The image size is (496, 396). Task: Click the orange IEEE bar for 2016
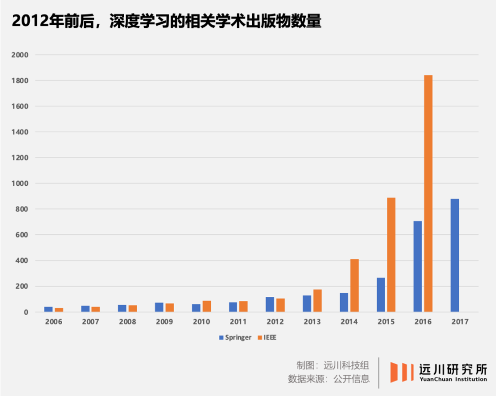(428, 194)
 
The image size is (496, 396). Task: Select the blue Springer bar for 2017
(455, 256)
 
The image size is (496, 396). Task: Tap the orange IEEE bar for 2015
(391, 255)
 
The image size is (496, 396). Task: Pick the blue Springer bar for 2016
(417, 266)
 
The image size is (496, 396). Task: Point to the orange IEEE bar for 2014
(354, 286)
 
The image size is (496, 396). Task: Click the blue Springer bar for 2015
(381, 295)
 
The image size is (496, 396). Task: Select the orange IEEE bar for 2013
(317, 300)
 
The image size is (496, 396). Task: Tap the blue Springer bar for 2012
(270, 305)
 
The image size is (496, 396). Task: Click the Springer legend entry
(235, 338)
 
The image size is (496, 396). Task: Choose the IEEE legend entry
(269, 338)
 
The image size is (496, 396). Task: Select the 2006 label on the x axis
(54, 322)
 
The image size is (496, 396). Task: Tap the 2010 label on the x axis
(202, 322)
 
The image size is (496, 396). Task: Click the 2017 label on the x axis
(459, 322)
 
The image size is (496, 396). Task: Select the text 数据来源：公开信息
(329, 379)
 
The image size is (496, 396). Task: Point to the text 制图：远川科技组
(333, 366)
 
